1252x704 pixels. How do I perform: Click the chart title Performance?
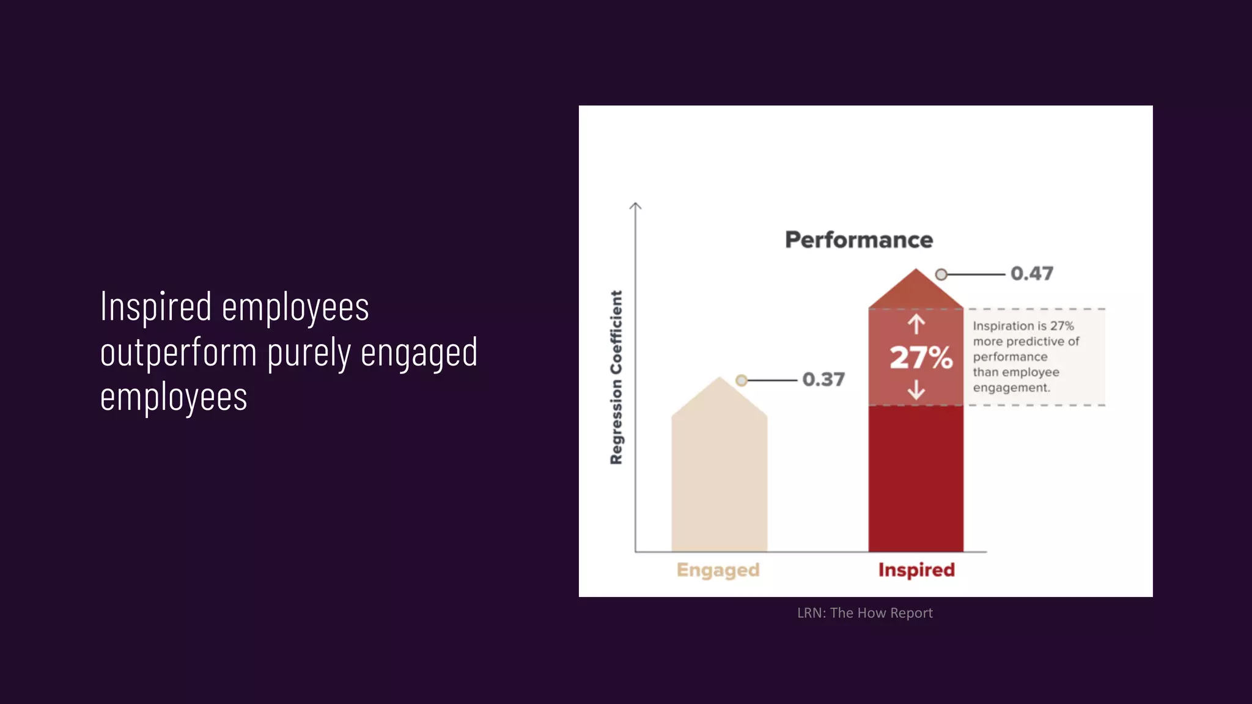point(858,240)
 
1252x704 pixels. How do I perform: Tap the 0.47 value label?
point(1032,273)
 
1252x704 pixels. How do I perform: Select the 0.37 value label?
point(823,380)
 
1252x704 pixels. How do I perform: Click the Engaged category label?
point(718,570)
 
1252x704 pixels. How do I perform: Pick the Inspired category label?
point(916,570)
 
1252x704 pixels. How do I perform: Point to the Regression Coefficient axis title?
point(616,377)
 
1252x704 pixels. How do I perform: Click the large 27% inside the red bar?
point(921,358)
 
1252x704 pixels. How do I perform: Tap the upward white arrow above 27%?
point(916,324)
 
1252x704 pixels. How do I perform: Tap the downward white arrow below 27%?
point(916,389)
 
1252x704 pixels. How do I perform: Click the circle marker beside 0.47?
point(941,274)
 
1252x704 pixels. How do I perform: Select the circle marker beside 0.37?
point(742,381)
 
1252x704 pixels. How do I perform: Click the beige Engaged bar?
point(719,483)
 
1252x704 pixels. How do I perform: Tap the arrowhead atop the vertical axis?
point(635,206)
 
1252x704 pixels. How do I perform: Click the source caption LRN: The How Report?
point(864,613)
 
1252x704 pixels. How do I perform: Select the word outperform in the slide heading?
point(178,353)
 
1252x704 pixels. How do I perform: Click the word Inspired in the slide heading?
point(156,307)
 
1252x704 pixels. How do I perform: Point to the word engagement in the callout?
point(1011,388)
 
